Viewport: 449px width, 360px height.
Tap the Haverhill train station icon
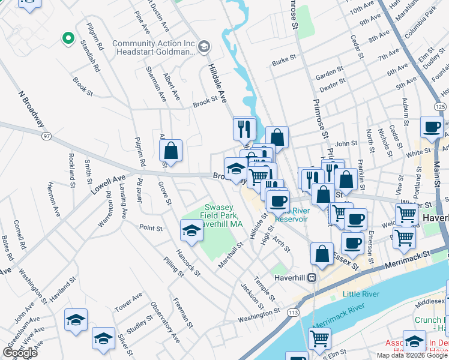coord(312,278)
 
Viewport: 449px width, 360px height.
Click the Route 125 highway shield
coord(441,106)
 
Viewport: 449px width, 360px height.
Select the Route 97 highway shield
coord(46,137)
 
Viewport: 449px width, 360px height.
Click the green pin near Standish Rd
coord(68,39)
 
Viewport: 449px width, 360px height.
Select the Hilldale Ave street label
coord(217,81)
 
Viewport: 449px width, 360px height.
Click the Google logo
coord(20,353)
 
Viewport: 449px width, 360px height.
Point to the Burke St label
coord(284,62)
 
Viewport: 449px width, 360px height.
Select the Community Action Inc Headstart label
coord(155,49)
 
